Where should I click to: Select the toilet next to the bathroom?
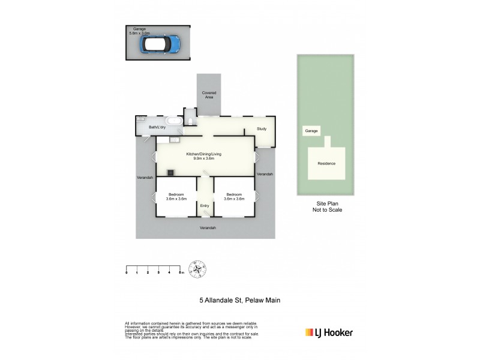190,122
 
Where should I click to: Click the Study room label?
262,129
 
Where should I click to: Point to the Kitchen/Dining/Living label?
205,154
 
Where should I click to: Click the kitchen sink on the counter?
175,140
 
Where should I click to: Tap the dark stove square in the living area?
171,173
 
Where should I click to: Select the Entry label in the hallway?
205,206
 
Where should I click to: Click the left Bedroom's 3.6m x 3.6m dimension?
176,199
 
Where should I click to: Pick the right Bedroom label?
233,194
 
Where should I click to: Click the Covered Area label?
209,95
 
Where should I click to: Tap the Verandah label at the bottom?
208,228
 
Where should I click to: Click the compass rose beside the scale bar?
197,268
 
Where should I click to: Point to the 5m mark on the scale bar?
181,273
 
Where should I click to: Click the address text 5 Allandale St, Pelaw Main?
240,300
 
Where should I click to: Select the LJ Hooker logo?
329,332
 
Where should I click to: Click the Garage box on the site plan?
311,130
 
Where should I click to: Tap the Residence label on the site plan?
326,163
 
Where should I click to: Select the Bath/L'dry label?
157,127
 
